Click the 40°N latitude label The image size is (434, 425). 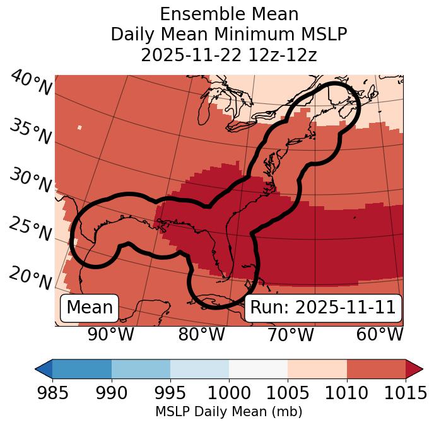pyautogui.click(x=31, y=83)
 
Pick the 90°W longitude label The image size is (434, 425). pyautogui.click(x=110, y=334)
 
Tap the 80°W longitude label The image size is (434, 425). pyautogui.click(x=201, y=334)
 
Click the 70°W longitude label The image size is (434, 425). pyautogui.click(x=290, y=334)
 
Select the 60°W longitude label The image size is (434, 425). pyautogui.click(x=380, y=334)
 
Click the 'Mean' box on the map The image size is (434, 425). pyautogui.click(x=90, y=308)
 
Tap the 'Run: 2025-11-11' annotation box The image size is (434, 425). pyautogui.click(x=322, y=308)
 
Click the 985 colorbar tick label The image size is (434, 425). pyautogui.click(x=52, y=393)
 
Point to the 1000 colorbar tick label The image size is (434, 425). pyautogui.click(x=229, y=393)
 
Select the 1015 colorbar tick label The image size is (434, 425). pyautogui.click(x=404, y=393)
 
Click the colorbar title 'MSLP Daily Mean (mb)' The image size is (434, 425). pyautogui.click(x=228, y=412)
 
